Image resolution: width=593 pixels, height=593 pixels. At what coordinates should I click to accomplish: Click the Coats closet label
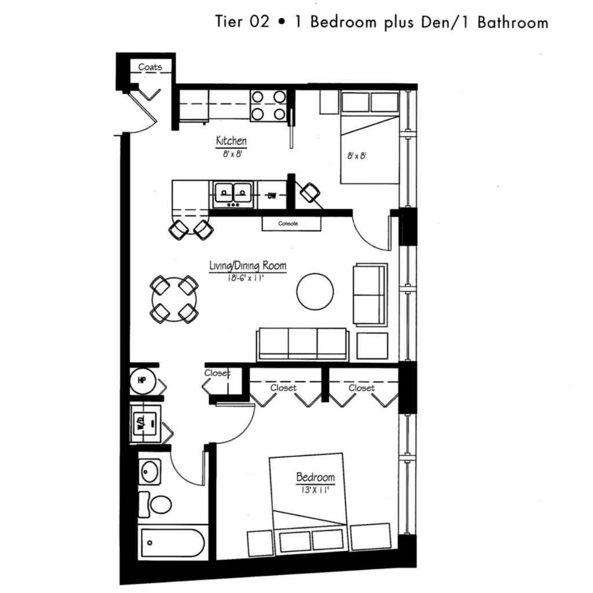(150, 67)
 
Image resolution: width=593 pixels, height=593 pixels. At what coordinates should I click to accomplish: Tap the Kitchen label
(231, 141)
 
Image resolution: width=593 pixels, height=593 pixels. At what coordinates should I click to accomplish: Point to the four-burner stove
(269, 105)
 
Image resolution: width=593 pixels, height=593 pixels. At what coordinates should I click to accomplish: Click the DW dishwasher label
(272, 196)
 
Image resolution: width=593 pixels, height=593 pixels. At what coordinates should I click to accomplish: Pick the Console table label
(288, 224)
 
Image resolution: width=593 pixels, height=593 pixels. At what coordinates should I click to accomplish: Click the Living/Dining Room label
(248, 266)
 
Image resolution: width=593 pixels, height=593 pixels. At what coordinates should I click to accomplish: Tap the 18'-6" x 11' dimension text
(246, 278)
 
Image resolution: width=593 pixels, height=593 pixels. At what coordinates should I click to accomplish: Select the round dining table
(174, 299)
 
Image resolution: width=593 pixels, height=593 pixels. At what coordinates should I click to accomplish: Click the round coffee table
(315, 292)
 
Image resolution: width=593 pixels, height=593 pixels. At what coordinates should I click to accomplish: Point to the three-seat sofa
(302, 344)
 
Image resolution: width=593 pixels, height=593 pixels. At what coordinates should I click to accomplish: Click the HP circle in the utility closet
(142, 380)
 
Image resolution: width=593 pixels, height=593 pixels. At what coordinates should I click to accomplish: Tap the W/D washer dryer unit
(145, 423)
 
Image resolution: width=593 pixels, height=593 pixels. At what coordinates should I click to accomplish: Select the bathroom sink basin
(149, 471)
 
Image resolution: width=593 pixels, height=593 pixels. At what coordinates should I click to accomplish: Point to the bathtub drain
(149, 543)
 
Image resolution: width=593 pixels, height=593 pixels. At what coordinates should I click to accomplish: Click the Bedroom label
(316, 477)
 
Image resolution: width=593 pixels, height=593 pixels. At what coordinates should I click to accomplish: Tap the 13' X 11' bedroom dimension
(315, 490)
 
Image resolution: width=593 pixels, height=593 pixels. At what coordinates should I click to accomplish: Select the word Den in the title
(434, 22)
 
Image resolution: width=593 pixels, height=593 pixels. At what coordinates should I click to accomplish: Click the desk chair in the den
(310, 192)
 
